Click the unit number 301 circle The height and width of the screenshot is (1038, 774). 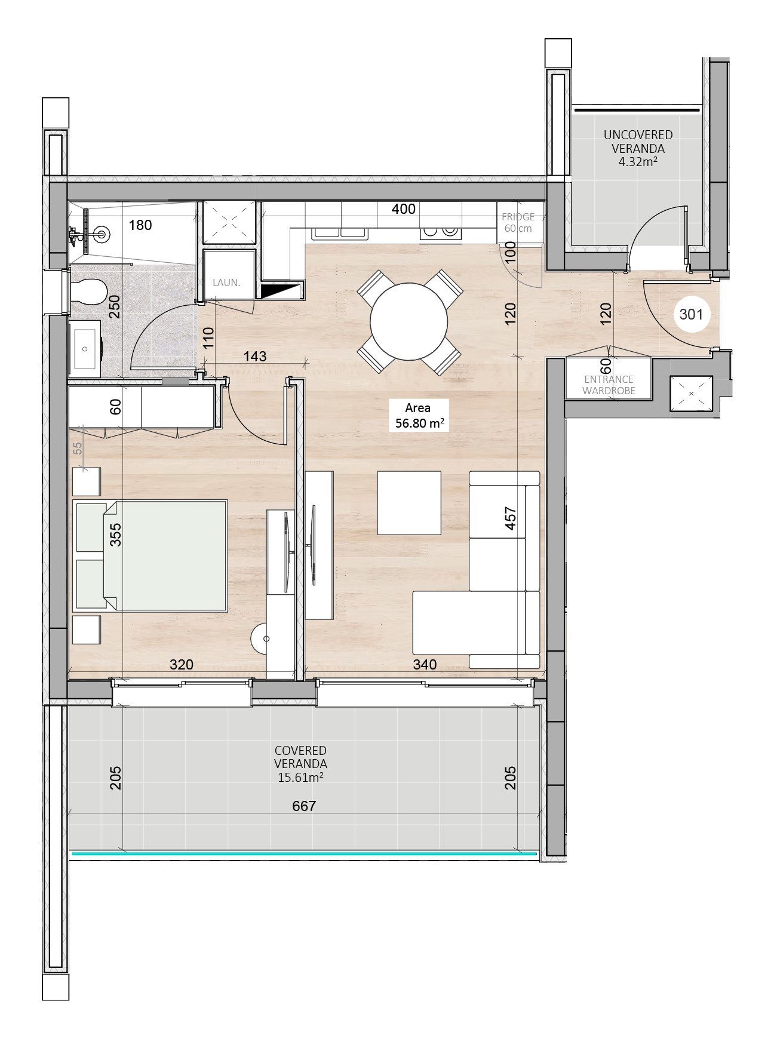pyautogui.click(x=692, y=314)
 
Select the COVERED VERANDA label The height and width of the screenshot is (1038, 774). pyautogui.click(x=300, y=764)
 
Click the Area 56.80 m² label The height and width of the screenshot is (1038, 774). pyautogui.click(x=418, y=416)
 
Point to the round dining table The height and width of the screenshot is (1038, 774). pyautogui.click(x=408, y=321)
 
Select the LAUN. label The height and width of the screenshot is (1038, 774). pyautogui.click(x=226, y=282)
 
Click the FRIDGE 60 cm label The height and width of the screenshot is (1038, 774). pyautogui.click(x=518, y=223)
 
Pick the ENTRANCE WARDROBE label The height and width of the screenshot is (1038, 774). pyautogui.click(x=609, y=385)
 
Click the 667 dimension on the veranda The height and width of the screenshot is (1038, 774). pyautogui.click(x=303, y=806)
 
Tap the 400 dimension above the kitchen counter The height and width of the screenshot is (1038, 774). pyautogui.click(x=403, y=209)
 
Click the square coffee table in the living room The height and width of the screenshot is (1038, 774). pyautogui.click(x=409, y=502)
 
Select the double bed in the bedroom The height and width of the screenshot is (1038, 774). pyautogui.click(x=150, y=555)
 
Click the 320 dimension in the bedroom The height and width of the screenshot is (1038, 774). pyautogui.click(x=182, y=664)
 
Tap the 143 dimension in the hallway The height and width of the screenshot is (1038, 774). pyautogui.click(x=255, y=356)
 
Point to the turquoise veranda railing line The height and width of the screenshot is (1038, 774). pyautogui.click(x=305, y=854)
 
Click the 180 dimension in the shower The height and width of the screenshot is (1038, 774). pyautogui.click(x=140, y=225)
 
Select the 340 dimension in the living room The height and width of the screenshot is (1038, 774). pyautogui.click(x=425, y=664)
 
